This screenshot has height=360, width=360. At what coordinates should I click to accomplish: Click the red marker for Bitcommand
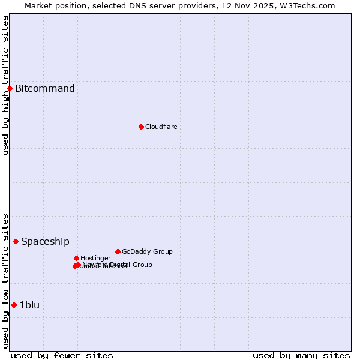click(10, 89)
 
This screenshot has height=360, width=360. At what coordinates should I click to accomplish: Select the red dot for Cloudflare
click(141, 127)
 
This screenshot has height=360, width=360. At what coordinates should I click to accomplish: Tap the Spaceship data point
click(16, 241)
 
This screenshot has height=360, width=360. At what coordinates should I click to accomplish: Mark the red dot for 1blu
click(14, 305)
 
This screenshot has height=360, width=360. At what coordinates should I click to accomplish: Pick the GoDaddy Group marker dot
click(118, 251)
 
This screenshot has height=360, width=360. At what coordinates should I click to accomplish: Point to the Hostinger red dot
click(76, 258)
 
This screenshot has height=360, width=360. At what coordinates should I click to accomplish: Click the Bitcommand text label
click(45, 89)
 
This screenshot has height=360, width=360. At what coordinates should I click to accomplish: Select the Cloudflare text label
click(161, 127)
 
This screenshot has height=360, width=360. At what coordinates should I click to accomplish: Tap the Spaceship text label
click(45, 242)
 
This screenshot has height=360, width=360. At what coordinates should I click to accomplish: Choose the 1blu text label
click(29, 305)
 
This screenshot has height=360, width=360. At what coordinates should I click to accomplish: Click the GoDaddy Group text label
click(147, 251)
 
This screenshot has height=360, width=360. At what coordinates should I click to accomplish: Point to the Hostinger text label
click(95, 258)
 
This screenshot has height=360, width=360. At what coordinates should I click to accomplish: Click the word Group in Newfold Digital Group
click(142, 265)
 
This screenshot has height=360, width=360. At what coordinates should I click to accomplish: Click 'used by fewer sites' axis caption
click(62, 355)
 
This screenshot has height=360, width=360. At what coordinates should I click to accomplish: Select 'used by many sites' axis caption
click(301, 355)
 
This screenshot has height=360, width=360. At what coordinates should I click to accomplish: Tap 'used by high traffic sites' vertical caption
click(5, 85)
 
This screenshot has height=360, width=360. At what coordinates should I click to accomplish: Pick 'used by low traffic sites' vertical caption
click(5, 280)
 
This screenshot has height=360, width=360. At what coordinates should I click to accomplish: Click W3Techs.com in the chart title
click(312, 5)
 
